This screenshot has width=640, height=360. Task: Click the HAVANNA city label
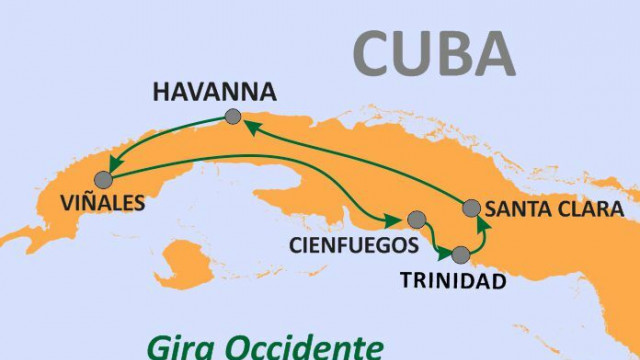click(x=214, y=93)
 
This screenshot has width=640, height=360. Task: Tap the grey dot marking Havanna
click(x=233, y=117)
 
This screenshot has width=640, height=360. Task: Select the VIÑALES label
click(x=102, y=203)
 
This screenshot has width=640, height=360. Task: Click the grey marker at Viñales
click(x=102, y=180)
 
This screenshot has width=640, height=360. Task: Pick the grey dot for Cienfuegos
click(x=417, y=220)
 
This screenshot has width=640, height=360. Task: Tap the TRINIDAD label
click(x=453, y=281)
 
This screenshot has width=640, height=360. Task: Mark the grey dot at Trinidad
click(x=460, y=254)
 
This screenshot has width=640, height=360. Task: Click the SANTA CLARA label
click(x=554, y=209)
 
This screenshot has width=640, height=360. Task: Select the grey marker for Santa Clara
click(x=471, y=208)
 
